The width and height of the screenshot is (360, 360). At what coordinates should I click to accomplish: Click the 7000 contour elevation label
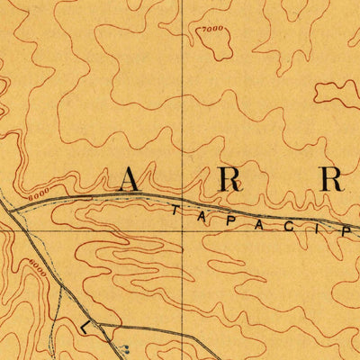tap(211, 30)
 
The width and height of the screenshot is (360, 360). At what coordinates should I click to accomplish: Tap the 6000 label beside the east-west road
tap(38, 193)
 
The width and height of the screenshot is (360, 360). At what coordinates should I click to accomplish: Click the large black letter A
tap(130, 180)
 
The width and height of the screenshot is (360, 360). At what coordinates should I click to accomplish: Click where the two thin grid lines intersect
tap(183, 229)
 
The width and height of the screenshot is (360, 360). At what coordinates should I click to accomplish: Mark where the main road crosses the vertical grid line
tap(183, 200)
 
